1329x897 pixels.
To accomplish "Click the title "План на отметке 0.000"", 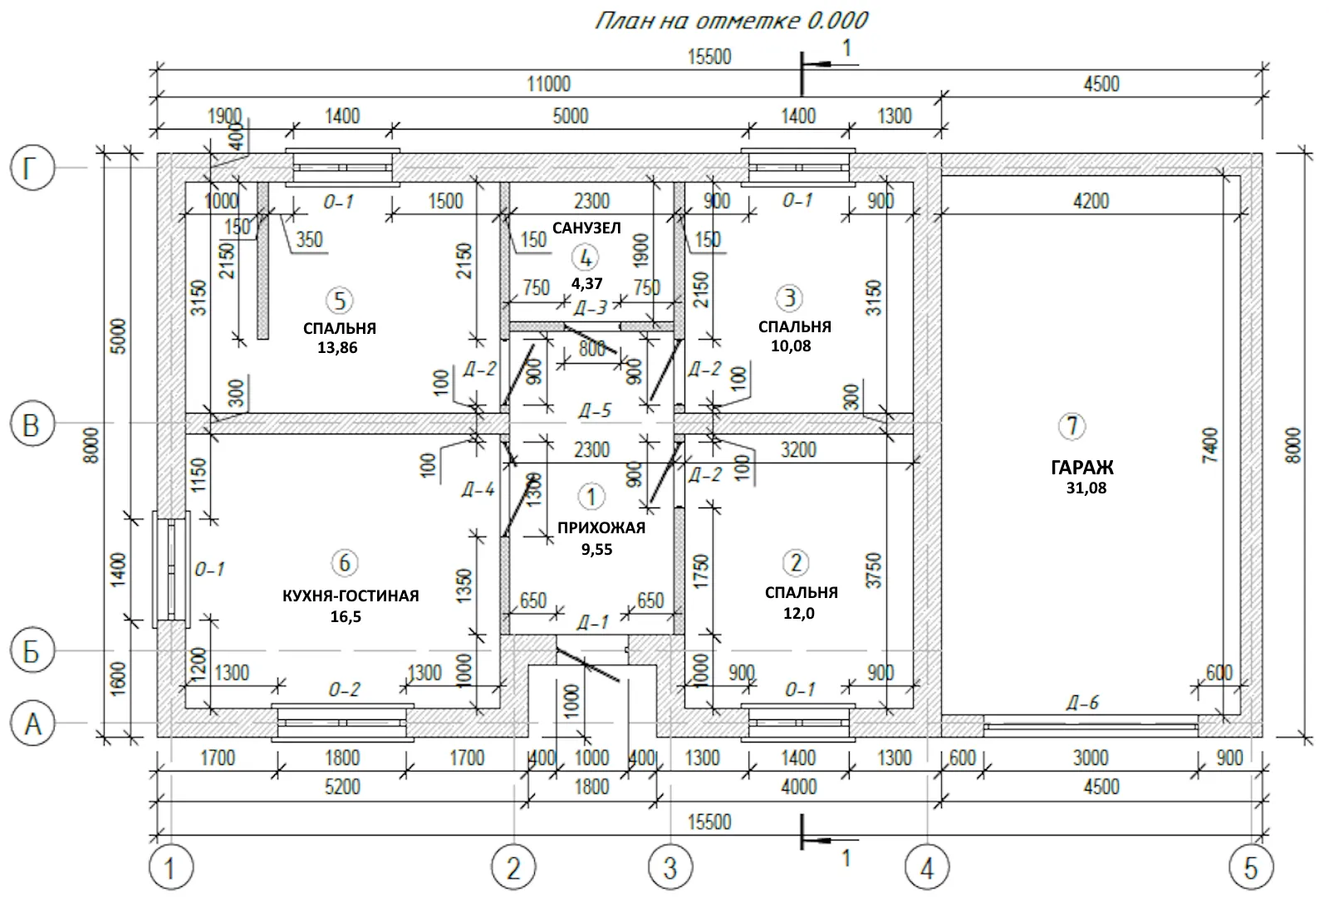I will tap(731, 21).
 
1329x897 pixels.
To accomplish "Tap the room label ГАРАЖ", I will tap(1081, 468).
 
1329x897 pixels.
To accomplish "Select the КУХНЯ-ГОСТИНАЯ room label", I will tap(351, 596).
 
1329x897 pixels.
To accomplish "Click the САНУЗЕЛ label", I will tap(586, 228).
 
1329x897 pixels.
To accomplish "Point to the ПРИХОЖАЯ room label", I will tap(601, 527).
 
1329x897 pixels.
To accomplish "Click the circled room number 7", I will tap(1072, 426).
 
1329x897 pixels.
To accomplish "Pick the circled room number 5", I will tap(339, 300).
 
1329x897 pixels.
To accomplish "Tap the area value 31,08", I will tap(1086, 488).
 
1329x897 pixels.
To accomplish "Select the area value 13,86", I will tap(337, 348).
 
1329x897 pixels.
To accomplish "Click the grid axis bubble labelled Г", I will tap(32, 169).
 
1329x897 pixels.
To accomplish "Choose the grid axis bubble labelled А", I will tap(32, 724).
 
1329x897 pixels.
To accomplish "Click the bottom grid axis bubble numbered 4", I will tap(926, 869).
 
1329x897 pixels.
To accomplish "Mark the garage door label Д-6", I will tap(1082, 703).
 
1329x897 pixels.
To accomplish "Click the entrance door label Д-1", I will tap(592, 623).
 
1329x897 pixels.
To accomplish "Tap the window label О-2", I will tap(344, 690).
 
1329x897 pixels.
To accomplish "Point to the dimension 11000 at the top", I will tap(548, 84).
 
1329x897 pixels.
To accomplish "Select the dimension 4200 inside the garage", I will tap(1091, 201).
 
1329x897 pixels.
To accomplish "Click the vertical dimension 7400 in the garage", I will tap(1209, 445).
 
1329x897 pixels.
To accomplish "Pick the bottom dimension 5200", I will tap(341, 787).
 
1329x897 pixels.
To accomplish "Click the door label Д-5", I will tap(594, 410).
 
